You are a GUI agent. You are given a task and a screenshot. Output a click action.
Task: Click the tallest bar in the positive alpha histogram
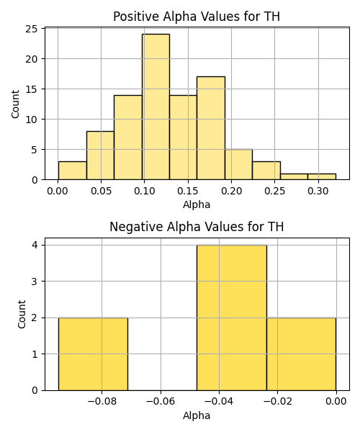pyautogui.click(x=156, y=107)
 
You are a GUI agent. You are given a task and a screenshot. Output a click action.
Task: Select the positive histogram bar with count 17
pyautogui.click(x=211, y=128)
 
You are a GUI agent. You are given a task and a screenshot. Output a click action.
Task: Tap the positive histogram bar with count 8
pyautogui.click(x=100, y=156)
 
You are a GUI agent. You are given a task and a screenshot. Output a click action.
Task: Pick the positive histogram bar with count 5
pyautogui.click(x=239, y=164)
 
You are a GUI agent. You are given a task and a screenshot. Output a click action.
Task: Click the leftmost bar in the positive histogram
pyautogui.click(x=73, y=171)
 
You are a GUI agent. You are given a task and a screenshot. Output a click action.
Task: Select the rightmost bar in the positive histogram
pyautogui.click(x=322, y=176)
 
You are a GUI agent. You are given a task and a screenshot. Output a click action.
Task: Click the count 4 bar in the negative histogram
pyautogui.click(x=232, y=318)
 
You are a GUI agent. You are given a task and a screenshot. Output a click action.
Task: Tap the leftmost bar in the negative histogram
pyautogui.click(x=93, y=354)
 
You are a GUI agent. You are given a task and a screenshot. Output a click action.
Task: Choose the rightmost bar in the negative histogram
pyautogui.click(x=302, y=354)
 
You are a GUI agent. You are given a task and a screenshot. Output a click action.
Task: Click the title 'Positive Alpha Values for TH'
pyautogui.click(x=197, y=17)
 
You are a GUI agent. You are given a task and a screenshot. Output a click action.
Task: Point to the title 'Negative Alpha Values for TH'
pyautogui.click(x=197, y=227)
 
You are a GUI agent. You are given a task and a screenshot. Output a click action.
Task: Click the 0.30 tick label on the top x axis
pyautogui.click(x=318, y=191)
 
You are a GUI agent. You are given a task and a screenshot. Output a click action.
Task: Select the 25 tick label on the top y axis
pyautogui.click(x=32, y=29)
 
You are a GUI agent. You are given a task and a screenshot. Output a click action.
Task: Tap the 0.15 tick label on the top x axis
pyautogui.click(x=188, y=191)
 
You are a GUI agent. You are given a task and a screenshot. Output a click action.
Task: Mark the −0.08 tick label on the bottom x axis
pyautogui.click(x=102, y=402)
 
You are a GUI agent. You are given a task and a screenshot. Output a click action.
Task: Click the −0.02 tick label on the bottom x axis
pyautogui.click(x=277, y=402)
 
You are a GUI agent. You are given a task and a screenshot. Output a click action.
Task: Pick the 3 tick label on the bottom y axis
pyautogui.click(x=35, y=282)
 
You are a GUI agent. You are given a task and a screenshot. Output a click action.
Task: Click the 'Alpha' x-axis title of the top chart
pyautogui.click(x=197, y=204)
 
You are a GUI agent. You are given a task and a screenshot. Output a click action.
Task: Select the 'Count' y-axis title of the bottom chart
pyautogui.click(x=22, y=315)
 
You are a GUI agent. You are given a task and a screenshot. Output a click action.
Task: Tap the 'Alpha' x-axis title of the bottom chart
pyautogui.click(x=197, y=415)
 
